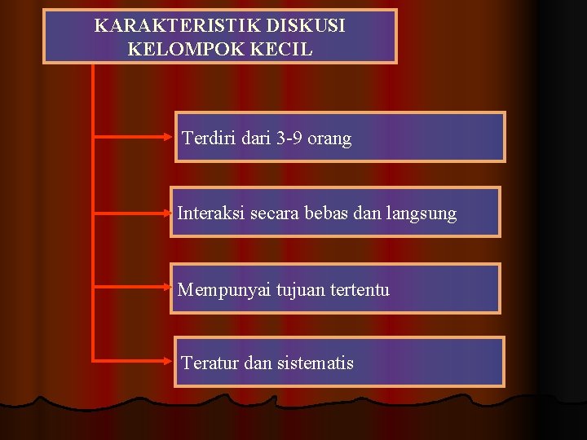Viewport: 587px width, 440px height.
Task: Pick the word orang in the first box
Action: click(331, 139)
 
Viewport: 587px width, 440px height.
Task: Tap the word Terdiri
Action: click(208, 139)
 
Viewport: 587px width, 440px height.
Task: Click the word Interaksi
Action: click(210, 213)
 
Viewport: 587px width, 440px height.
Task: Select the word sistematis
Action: click(315, 363)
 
